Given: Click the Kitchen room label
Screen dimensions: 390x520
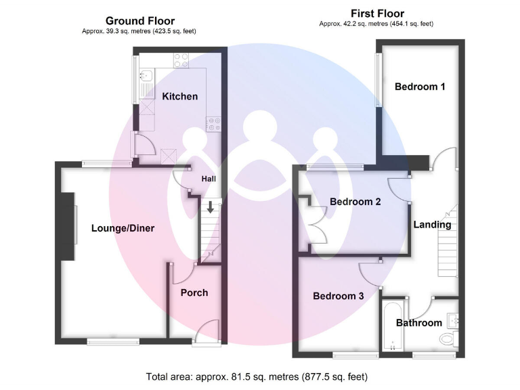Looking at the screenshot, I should point(179,96).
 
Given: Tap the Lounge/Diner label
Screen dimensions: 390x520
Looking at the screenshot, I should point(123,228).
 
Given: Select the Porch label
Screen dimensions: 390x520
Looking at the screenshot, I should point(194,292).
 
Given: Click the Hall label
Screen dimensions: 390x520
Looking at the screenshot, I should point(209,179).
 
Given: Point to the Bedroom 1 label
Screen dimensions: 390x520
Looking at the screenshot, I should point(420,87).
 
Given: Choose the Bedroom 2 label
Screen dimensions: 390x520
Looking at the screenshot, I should point(355,202).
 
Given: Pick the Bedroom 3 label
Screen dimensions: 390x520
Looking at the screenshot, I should point(339,296).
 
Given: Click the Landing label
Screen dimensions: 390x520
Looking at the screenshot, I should point(432,225).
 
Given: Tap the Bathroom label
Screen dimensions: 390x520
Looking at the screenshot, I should point(418,323).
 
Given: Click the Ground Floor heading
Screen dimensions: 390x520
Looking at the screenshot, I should point(140,21).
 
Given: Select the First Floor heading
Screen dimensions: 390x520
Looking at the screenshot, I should point(377,14).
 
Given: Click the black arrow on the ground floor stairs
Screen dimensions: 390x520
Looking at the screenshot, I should point(211,207).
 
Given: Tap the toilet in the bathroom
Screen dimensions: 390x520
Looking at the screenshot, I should point(448,339).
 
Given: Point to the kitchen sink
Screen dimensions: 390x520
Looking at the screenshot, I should point(144,79).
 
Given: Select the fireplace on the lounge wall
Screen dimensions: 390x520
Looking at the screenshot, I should point(68,226).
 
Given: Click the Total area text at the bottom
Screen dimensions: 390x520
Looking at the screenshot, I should point(257,376).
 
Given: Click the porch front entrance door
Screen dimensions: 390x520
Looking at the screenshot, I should point(207,332).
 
